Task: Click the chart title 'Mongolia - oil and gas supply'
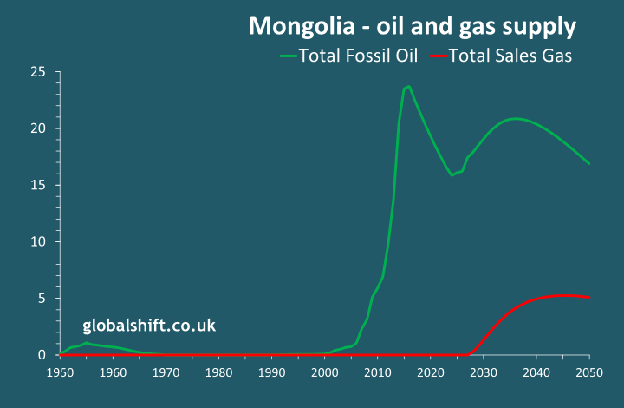[x=413, y=26]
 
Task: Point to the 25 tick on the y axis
[x=38, y=72]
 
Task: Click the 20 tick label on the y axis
[x=38, y=128]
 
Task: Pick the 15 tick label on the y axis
[x=38, y=185]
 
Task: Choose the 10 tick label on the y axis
[x=38, y=241]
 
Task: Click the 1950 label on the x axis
[x=60, y=372]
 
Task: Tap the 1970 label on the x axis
[x=166, y=372]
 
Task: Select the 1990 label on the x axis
[x=271, y=372]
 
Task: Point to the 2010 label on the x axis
[x=378, y=372]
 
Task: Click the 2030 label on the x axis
[x=484, y=372]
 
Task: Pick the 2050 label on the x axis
[x=589, y=372]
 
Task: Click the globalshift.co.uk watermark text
[x=149, y=326]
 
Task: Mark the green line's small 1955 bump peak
[x=86, y=343]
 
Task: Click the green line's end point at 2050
[x=589, y=163]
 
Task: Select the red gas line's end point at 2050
[x=589, y=297]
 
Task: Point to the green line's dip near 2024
[x=452, y=175]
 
